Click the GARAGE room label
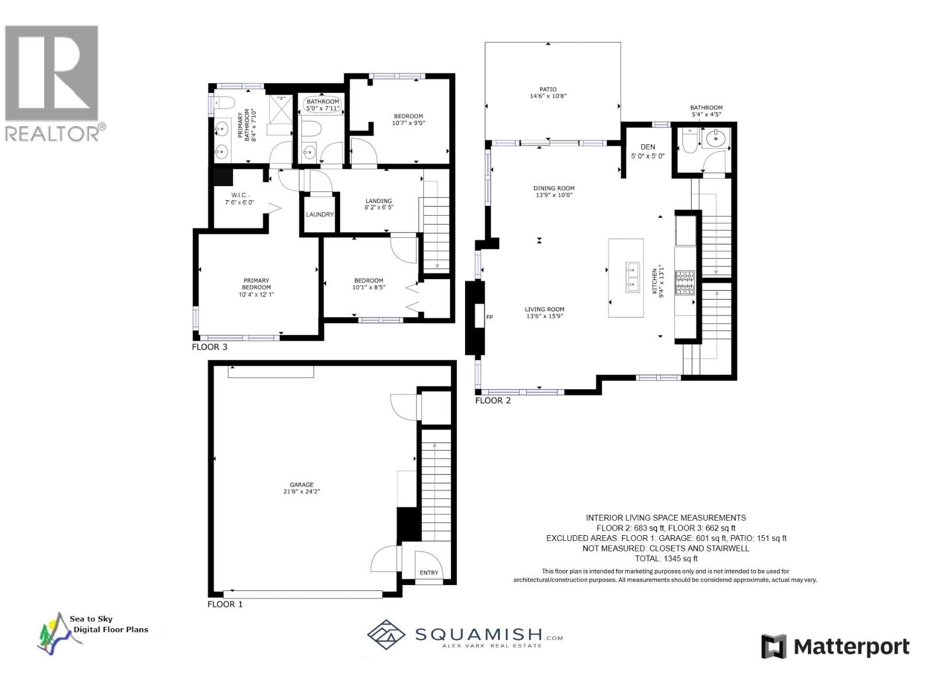[x=302, y=485]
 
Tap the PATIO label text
[x=548, y=90]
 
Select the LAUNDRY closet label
[x=320, y=215]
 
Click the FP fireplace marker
[x=489, y=317]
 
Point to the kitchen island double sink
[x=632, y=277]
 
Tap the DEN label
[x=648, y=147]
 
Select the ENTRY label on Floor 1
[x=429, y=573]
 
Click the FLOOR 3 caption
[x=209, y=347]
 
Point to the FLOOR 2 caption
[x=493, y=401]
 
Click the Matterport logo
[x=835, y=646]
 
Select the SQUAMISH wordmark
[x=478, y=633]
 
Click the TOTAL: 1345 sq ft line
[x=666, y=558]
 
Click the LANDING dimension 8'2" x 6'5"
[x=378, y=207]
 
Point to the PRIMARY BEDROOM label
[x=256, y=284]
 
